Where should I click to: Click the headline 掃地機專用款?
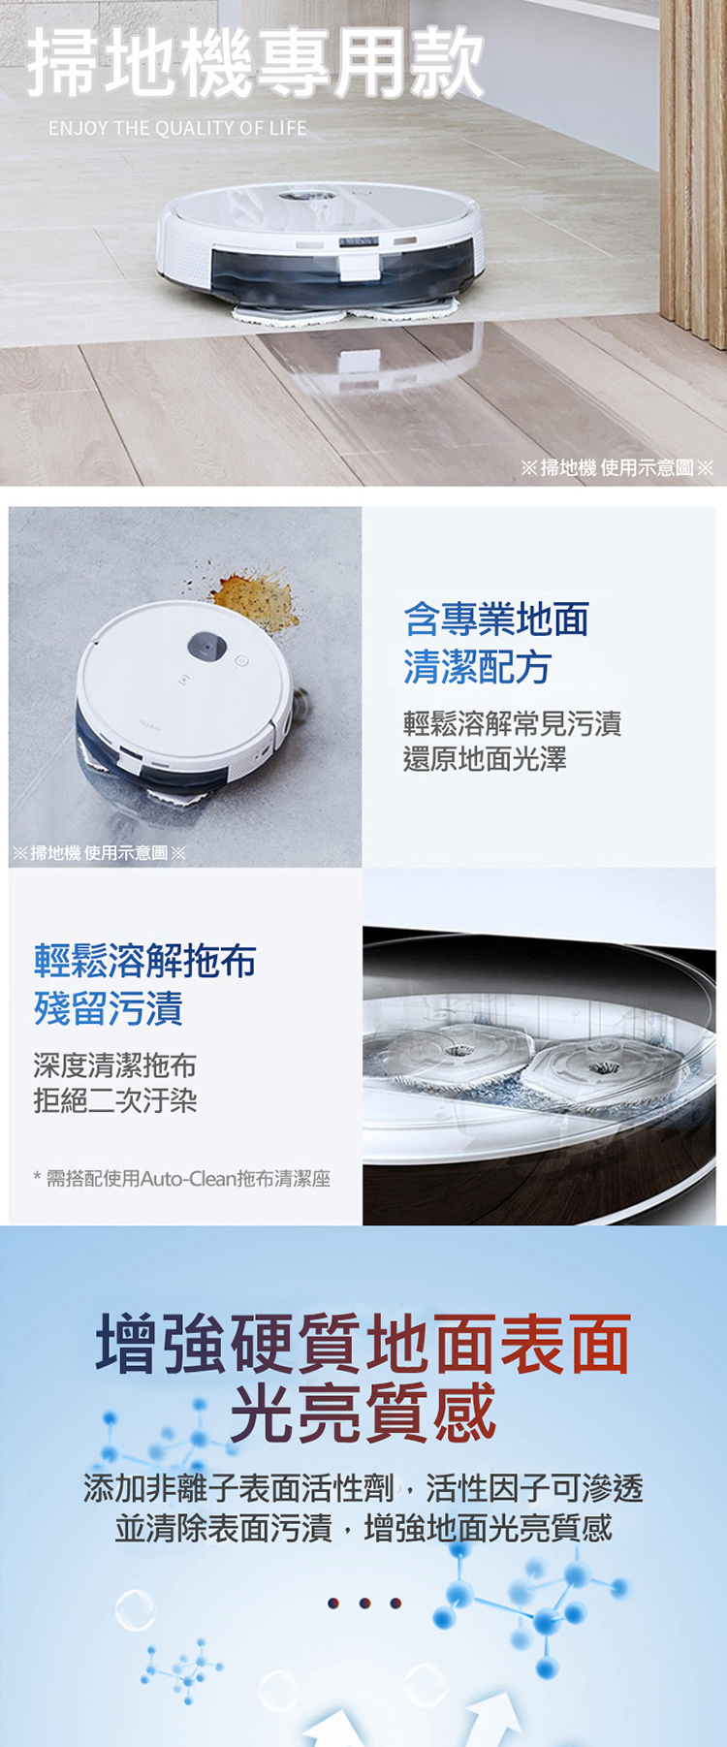(256, 63)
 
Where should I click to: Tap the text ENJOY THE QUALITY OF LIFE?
(177, 128)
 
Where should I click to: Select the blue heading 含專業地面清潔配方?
(496, 643)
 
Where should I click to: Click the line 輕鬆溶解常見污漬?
(513, 723)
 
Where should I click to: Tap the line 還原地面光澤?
(486, 759)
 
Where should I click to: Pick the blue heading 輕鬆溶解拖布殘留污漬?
(145, 984)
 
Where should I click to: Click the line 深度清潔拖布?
(115, 1065)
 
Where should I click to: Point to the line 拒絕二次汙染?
(115, 1100)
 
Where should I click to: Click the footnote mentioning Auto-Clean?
(182, 1179)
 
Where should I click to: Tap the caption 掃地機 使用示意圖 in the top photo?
(617, 468)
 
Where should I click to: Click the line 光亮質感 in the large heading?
(363, 1413)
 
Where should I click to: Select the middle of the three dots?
(364, 1603)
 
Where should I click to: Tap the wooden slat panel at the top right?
(693, 170)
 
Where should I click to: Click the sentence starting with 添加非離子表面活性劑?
(363, 1488)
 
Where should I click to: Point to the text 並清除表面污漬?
(224, 1529)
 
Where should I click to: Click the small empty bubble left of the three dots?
(135, 1609)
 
